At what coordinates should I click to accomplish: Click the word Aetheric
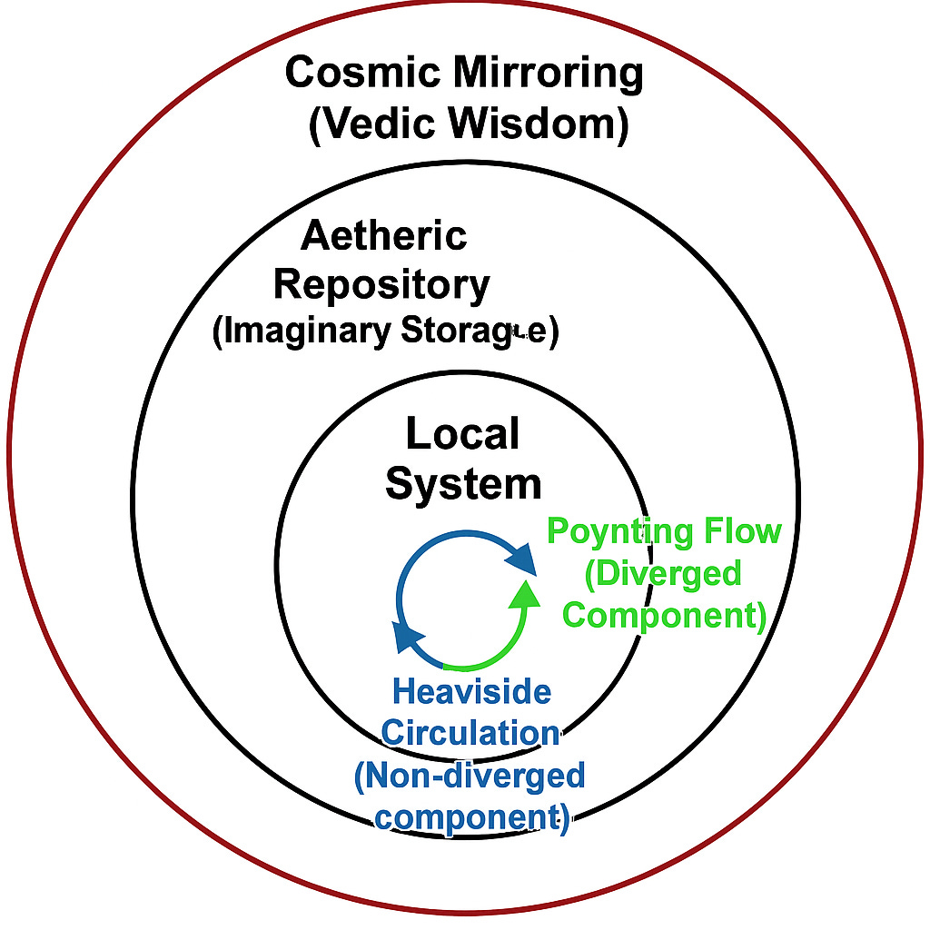[383, 236]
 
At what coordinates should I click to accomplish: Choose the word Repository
[381, 284]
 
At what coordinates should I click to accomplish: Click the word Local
[462, 434]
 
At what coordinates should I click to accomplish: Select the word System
[463, 483]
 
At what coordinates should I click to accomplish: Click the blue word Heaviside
[471, 693]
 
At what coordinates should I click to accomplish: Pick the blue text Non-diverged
[470, 776]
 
